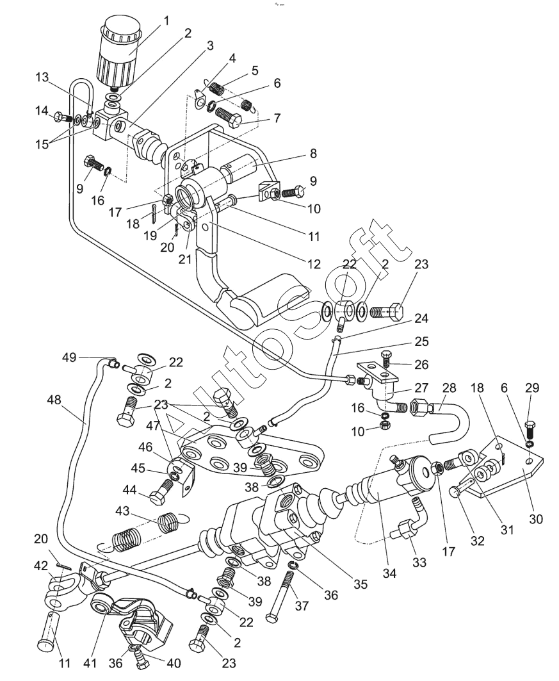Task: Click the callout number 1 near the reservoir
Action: tap(167, 21)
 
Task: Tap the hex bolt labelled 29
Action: tap(530, 427)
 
